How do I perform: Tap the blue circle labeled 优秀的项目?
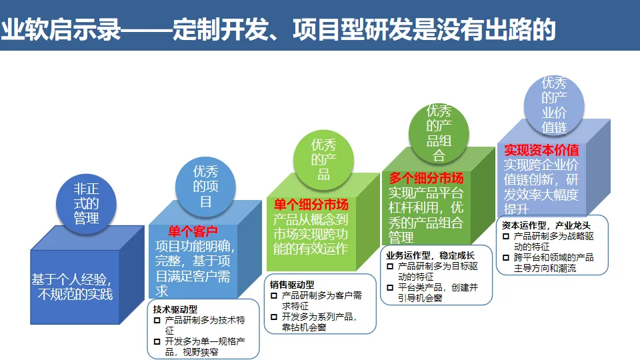pos(205,186)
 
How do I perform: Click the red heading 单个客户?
pos(193,231)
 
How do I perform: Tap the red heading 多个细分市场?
pos(426,178)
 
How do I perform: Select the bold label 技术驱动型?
pos(175,309)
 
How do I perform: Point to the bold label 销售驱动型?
pos(292,284)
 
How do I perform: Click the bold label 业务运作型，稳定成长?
pos(430,255)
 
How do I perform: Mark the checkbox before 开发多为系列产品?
pos(273,317)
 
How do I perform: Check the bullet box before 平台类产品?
pos(391,287)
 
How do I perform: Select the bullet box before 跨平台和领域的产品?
pos(506,257)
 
